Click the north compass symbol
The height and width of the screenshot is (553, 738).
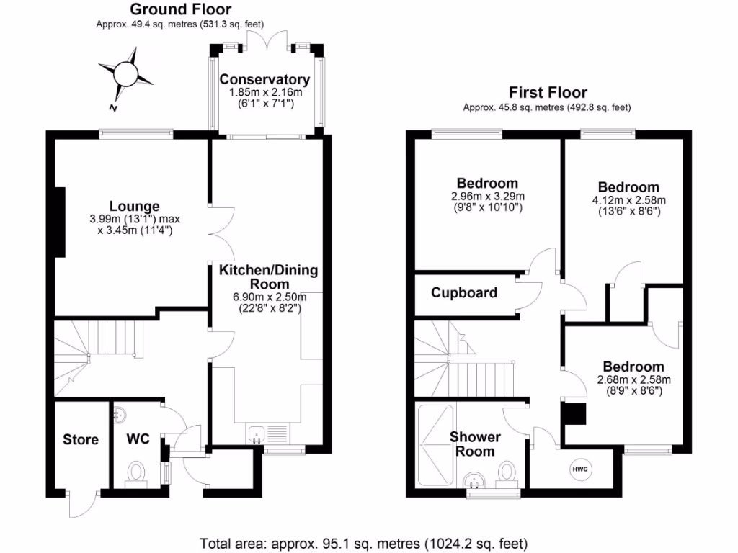125,74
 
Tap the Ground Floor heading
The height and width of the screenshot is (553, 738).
180,9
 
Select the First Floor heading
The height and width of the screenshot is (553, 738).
548,92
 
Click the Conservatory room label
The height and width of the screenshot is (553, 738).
264,79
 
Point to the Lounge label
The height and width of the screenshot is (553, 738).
134,207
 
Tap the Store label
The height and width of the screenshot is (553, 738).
81,439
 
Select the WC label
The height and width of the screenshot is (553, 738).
138,439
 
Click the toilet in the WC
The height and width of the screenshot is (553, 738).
135,473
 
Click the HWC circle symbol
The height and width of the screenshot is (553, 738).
580,469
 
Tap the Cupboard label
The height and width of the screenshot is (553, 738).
464,293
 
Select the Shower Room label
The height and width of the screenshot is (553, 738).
475,444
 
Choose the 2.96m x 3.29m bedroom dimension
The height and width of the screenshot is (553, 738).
488,197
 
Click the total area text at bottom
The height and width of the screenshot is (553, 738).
368,542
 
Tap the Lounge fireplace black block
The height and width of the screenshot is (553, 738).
61,222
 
